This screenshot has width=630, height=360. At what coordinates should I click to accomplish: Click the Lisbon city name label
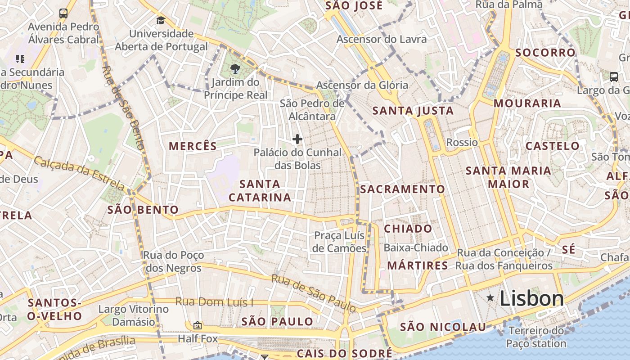coord(531,299)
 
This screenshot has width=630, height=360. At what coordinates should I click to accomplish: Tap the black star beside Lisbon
coord(490,298)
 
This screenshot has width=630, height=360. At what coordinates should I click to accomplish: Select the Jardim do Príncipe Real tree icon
coord(234,69)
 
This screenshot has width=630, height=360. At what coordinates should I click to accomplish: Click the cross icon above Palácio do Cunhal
coord(297,139)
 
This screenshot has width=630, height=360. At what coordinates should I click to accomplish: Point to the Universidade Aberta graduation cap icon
coord(161,20)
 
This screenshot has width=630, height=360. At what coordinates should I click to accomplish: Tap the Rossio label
coord(462,143)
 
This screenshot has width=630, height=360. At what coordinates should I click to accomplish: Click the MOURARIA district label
coord(527,103)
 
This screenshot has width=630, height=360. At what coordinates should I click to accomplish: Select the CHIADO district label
coord(408,229)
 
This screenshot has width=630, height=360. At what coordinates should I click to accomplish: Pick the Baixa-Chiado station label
coord(415,248)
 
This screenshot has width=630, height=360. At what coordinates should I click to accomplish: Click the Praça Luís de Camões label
coord(340,242)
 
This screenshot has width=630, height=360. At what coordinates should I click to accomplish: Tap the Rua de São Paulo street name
coord(314,293)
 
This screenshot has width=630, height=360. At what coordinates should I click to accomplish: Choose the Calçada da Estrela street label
coord(80,173)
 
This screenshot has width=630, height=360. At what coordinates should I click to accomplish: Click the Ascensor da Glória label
coord(362,85)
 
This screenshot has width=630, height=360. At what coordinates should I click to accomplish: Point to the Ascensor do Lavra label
coord(381,39)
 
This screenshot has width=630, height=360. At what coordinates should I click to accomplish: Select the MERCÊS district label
coord(193,146)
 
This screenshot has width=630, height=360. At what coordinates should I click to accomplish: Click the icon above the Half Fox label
coord(197,325)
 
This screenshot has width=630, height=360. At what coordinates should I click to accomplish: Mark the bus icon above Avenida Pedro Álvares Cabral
coord(63,13)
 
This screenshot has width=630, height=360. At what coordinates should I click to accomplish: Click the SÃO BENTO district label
coord(143,210)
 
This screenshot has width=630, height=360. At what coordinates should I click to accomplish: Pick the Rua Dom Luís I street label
coord(214,301)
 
